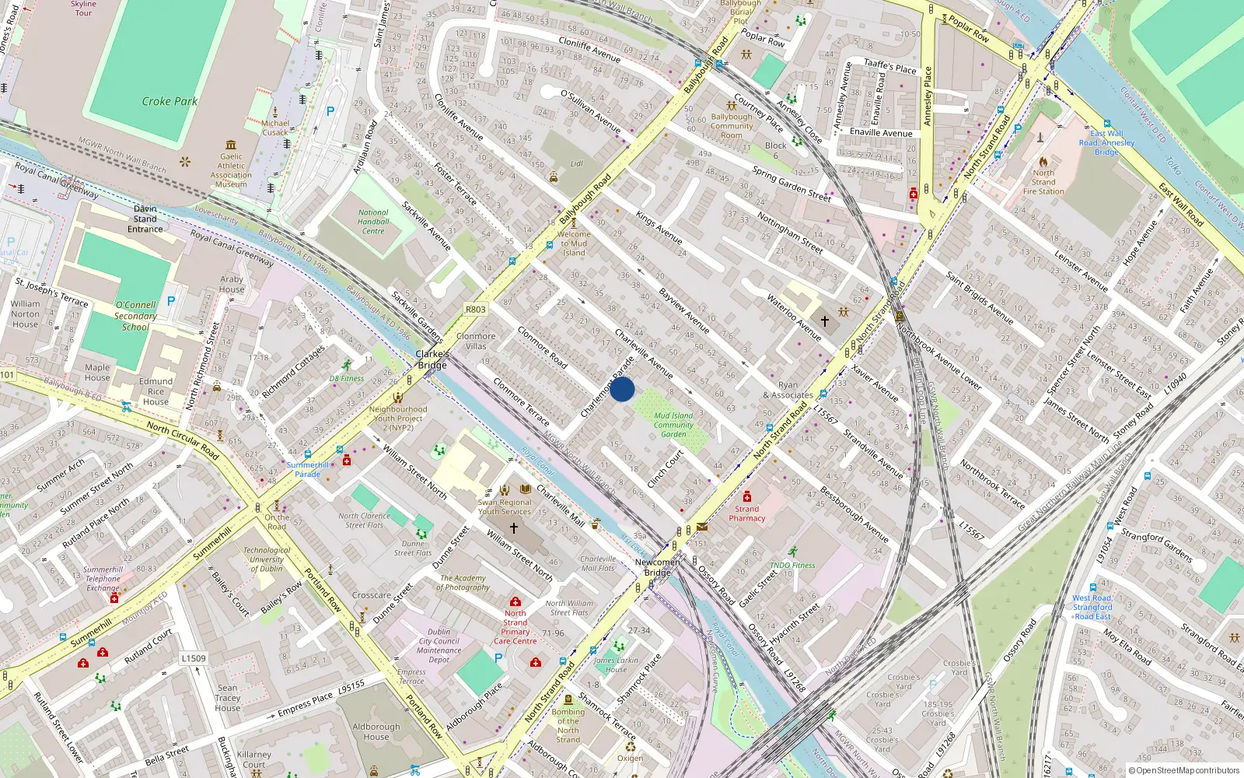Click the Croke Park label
(169, 101)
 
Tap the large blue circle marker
(622, 389)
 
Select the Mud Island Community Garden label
(673, 425)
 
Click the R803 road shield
(475, 309)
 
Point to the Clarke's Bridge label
(432, 359)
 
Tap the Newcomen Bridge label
(657, 567)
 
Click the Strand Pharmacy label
(746, 513)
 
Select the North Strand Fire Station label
(1043, 182)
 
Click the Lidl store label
(576, 164)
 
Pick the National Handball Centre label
(373, 222)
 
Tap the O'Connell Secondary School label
(135, 316)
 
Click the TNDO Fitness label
(792, 566)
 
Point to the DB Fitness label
(347, 378)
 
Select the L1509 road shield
(194, 658)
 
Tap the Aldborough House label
(376, 731)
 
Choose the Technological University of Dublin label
(267, 559)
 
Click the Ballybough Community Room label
(732, 126)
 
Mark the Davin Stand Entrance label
(145, 219)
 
